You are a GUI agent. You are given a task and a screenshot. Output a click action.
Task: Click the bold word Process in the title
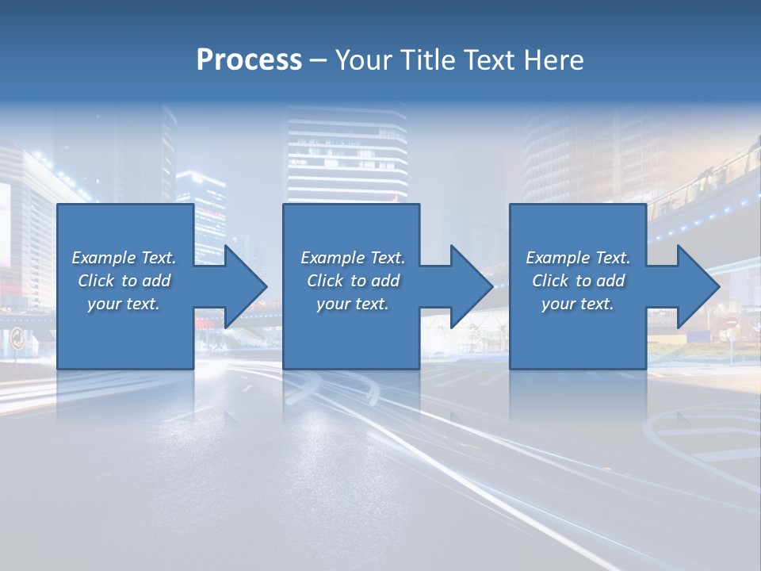point(249,59)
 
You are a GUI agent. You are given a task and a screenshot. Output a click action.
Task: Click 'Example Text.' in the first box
point(124,258)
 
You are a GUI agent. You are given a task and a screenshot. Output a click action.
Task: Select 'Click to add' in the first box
point(124,281)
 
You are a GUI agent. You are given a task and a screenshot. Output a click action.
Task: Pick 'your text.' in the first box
point(124,304)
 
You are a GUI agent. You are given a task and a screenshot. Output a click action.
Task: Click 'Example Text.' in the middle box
point(352,258)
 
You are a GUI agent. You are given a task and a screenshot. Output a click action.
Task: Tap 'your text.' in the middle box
point(352,304)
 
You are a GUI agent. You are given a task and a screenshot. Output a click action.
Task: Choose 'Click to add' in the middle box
point(352,281)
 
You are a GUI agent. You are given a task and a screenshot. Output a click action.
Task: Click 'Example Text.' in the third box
point(577,258)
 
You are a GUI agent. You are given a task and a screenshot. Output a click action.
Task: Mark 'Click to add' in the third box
point(577,281)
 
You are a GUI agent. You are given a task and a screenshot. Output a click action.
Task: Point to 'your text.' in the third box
point(577,304)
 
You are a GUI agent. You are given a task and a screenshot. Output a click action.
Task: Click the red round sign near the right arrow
point(731,323)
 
